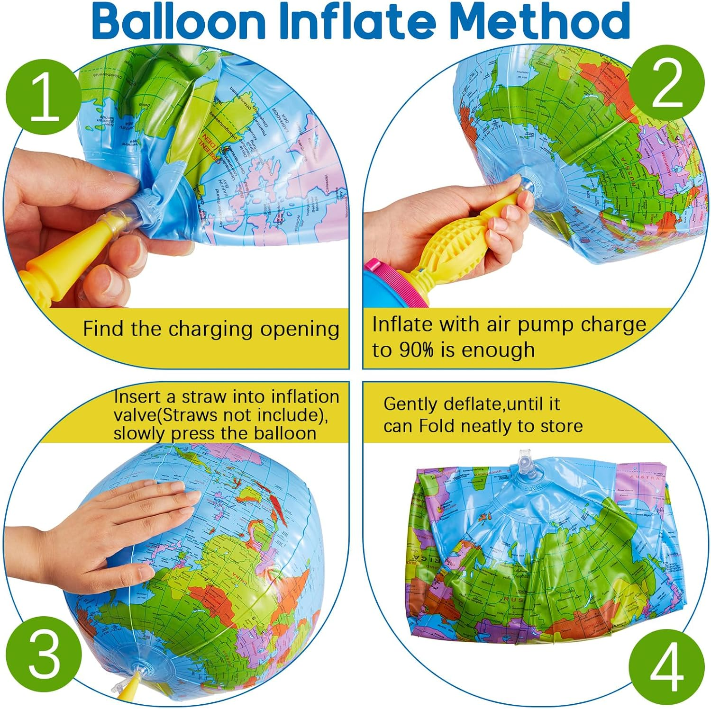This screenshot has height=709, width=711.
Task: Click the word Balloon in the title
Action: (178, 21)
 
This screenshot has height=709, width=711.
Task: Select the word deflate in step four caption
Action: (473, 404)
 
